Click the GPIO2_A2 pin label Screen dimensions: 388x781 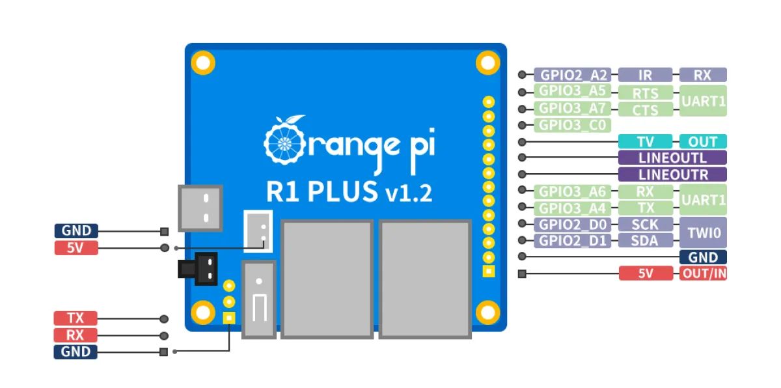click(573, 75)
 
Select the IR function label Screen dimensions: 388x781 click(645, 75)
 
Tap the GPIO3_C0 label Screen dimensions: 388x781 click(573, 125)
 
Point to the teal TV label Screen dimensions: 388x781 click(645, 142)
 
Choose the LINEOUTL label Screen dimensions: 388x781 click(672, 158)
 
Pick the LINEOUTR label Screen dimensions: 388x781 click(672, 174)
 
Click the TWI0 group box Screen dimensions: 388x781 click(703, 232)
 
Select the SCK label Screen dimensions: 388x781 click(645, 225)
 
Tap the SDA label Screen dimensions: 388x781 click(645, 241)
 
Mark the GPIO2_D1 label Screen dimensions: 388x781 click(573, 241)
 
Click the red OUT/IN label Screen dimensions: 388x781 click(703, 273)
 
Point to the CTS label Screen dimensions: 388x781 click(645, 110)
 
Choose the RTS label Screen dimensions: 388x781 click(645, 93)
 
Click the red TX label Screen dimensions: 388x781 click(75, 318)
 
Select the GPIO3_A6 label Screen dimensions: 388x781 click(573, 191)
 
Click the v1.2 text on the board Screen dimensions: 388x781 click(408, 193)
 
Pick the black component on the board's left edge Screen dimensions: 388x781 click(197, 268)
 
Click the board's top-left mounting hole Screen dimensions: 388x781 click(203, 63)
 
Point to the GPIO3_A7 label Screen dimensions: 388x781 click(573, 108)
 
